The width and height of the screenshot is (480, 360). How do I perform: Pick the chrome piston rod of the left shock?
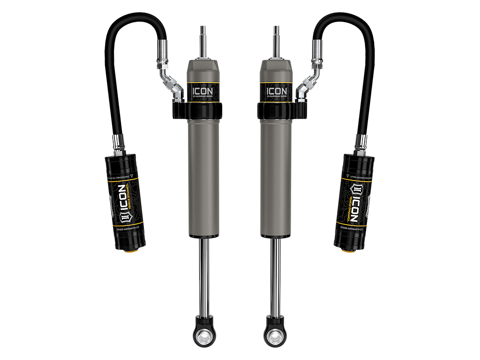204,277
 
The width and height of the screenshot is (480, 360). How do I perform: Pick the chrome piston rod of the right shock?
276,277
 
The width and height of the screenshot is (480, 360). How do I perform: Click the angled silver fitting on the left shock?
171,85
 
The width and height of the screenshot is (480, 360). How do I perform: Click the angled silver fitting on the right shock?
308,85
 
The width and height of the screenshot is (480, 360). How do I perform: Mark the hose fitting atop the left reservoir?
118,142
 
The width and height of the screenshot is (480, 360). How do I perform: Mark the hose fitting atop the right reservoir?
360,142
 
